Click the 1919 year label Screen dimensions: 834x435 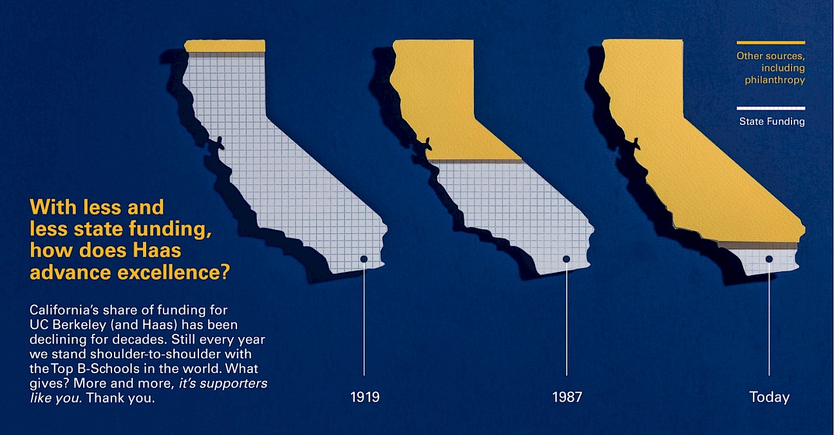pyautogui.click(x=365, y=397)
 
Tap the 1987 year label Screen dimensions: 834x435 pyautogui.click(x=567, y=397)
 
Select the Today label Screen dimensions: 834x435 pyautogui.click(x=769, y=397)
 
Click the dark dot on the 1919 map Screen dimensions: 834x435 pyautogui.click(x=364, y=259)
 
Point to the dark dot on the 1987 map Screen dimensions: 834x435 pyautogui.click(x=566, y=259)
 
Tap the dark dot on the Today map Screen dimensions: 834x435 pyautogui.click(x=769, y=259)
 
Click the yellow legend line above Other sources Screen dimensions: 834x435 pyautogui.click(x=771, y=43)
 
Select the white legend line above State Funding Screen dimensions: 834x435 pyautogui.click(x=771, y=108)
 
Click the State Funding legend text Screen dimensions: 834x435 pyautogui.click(x=772, y=121)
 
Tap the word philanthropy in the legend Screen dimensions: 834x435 pyautogui.click(x=775, y=80)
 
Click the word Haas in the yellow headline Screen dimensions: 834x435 pyautogui.click(x=157, y=250)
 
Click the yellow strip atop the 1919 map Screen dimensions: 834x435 pyautogui.click(x=225, y=46)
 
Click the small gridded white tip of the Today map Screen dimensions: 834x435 pyautogui.click(x=763, y=261)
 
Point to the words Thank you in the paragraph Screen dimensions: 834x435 pyautogui.click(x=120, y=398)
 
